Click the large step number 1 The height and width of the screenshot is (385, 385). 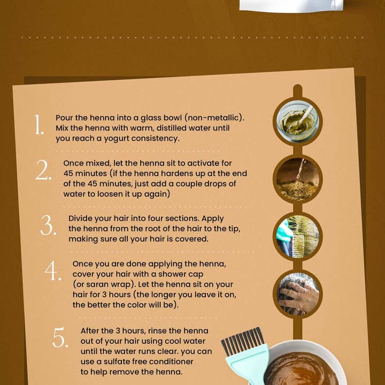point(39,125)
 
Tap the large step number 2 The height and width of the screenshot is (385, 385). point(43,170)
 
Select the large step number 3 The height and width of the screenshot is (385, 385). point(48,225)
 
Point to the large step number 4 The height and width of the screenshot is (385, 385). point(53,271)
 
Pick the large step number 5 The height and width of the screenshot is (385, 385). point(60,337)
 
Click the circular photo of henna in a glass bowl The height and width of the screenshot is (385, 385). point(298,121)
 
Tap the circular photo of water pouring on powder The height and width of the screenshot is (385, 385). point(298,179)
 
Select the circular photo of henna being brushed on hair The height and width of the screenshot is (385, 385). point(298,236)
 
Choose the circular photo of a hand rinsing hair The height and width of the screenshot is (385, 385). point(298,294)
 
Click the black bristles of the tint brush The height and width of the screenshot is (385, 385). point(242,340)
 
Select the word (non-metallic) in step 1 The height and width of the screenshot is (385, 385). point(214,118)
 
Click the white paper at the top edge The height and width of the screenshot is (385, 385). point(291,5)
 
